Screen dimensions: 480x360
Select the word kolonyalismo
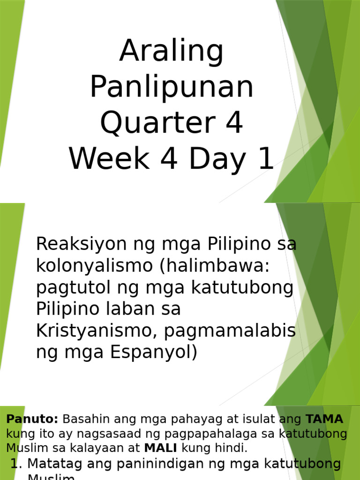pos(95,265)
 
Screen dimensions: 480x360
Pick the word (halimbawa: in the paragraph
pos(215,265)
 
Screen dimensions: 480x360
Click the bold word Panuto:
pos(32,419)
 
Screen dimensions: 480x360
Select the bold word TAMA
pos(324,419)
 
